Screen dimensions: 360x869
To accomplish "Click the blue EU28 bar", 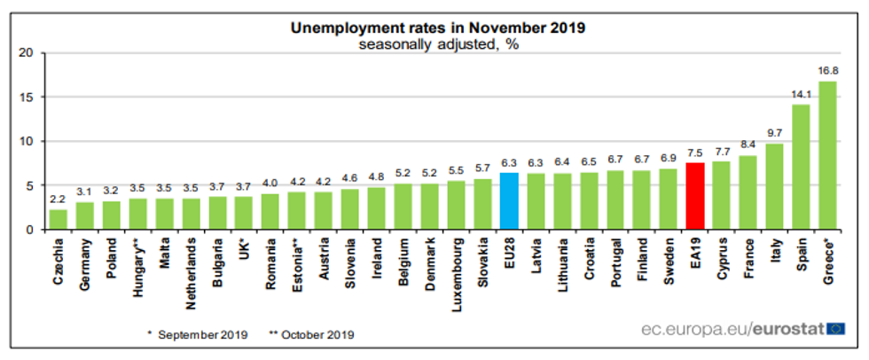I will pyautogui.click(x=509, y=201).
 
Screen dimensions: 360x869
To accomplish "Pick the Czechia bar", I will pyautogui.click(x=59, y=219).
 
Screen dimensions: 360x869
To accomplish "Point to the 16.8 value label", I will pyautogui.click(x=828, y=71).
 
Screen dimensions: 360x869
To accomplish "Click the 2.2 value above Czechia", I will pyautogui.click(x=59, y=200).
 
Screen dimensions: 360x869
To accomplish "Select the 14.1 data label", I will pyautogui.click(x=801, y=95).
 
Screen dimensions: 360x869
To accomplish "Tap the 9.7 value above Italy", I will pyautogui.click(x=774, y=134).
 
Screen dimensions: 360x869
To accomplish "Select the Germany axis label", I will pyautogui.click(x=85, y=262).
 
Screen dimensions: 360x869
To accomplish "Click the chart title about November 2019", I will pyautogui.click(x=438, y=27).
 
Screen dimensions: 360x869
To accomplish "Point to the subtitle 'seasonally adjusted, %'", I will pyautogui.click(x=438, y=44).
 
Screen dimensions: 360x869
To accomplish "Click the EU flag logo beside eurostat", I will pyautogui.click(x=835, y=329).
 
